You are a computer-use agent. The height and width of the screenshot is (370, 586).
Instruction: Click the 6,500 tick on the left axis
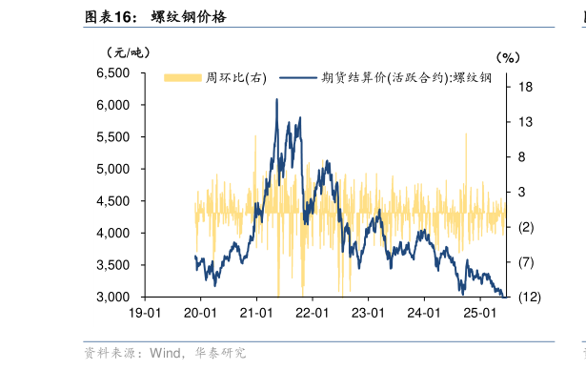[113, 72]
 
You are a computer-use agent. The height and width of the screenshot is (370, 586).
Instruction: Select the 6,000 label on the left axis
[113, 105]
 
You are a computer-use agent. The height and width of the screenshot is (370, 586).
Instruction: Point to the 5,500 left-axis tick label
[113, 136]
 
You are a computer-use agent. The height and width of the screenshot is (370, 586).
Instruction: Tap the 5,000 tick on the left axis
[113, 169]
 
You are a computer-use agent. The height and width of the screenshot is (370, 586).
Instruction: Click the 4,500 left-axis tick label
[113, 201]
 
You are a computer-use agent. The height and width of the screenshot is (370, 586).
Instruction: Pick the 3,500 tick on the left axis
[113, 265]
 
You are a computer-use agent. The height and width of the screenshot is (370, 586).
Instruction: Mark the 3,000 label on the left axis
[113, 297]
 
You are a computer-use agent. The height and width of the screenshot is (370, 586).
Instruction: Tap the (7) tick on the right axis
[526, 262]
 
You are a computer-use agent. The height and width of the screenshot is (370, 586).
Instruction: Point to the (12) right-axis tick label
[529, 298]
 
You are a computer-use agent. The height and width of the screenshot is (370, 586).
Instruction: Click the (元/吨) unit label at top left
[128, 51]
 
